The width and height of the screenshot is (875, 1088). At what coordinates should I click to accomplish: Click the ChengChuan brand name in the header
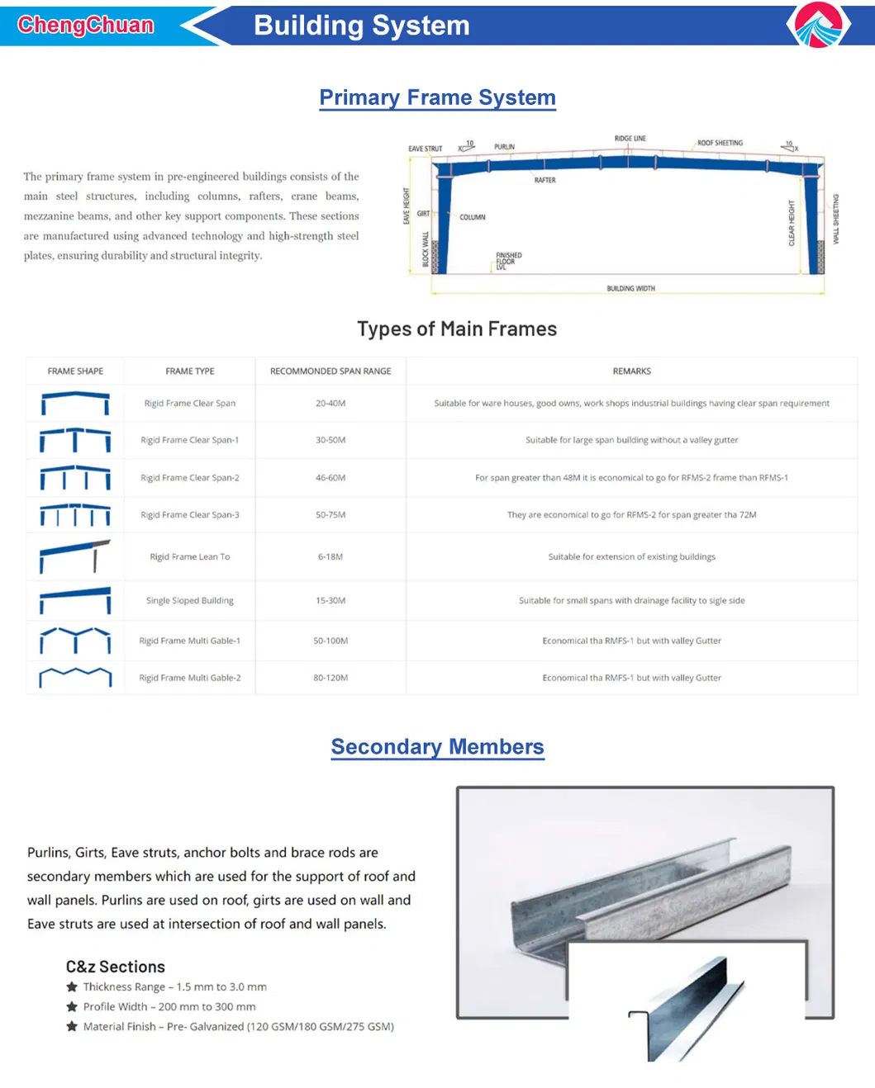click(x=86, y=25)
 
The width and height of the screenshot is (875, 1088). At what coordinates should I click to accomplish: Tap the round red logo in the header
click(x=818, y=25)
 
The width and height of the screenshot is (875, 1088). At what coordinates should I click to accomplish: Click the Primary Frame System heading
click(x=437, y=97)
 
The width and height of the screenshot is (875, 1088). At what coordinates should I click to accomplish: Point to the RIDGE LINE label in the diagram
click(x=630, y=139)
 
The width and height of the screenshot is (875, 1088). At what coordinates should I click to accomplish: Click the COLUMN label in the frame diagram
click(x=473, y=217)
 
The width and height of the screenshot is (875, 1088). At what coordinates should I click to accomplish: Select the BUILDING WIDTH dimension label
click(x=630, y=288)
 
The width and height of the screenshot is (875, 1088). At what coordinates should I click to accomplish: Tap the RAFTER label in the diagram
click(x=544, y=180)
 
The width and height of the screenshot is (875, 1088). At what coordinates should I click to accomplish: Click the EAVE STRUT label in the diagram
click(x=425, y=149)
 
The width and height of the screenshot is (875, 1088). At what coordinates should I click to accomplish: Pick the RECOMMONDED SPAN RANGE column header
click(x=331, y=371)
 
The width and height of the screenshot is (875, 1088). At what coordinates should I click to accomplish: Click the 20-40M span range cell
click(x=331, y=404)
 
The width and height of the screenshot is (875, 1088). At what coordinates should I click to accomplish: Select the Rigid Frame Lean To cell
click(x=190, y=557)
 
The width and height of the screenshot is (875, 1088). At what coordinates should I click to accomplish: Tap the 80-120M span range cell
click(x=331, y=678)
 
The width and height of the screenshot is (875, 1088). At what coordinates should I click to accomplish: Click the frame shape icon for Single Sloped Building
click(x=75, y=600)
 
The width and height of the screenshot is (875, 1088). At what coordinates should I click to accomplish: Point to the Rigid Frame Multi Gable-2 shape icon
click(x=75, y=678)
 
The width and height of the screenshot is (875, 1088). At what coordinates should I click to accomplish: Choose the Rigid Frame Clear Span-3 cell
click(x=190, y=515)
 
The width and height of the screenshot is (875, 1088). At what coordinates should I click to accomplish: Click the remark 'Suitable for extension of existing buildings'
click(x=631, y=557)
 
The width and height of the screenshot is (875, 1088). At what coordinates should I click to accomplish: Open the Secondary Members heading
click(x=437, y=747)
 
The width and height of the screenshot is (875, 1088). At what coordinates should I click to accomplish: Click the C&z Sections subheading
click(x=116, y=967)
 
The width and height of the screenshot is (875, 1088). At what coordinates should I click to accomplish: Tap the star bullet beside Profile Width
click(x=72, y=1007)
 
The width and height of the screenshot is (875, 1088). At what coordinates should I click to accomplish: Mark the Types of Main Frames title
click(x=457, y=329)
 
